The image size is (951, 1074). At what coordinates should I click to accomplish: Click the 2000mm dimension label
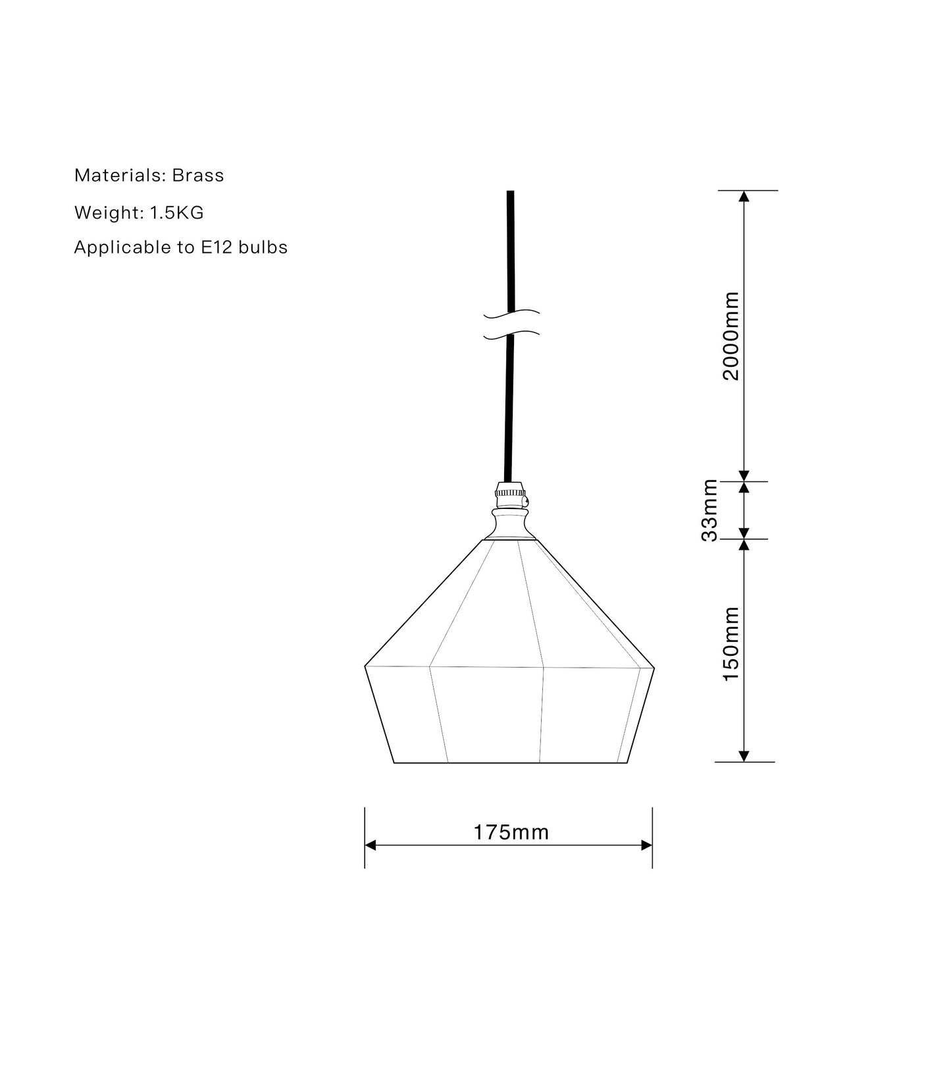coord(731,336)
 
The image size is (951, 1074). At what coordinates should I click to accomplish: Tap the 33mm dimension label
coord(709,510)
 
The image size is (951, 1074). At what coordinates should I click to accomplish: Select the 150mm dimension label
coord(731,644)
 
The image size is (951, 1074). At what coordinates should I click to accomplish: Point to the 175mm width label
coord(511,833)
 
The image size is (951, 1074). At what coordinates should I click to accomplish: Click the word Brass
coord(198,176)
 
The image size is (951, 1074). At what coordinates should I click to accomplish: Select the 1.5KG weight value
coord(176,213)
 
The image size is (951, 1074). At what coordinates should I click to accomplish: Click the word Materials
coord(119,176)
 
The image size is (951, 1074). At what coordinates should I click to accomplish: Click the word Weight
coord(109,213)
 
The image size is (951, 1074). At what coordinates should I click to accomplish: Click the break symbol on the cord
coord(511,325)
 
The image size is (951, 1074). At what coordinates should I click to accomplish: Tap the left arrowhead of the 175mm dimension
coord(371,846)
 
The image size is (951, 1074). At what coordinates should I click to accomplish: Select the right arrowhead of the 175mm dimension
coord(647,846)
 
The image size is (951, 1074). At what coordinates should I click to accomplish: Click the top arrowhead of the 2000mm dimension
coord(744,196)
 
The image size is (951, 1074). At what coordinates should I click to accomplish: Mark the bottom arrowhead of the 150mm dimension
coord(744,756)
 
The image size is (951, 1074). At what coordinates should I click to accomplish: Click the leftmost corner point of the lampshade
coord(365,666)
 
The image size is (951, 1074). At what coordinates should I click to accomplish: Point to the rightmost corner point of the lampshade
coord(654,668)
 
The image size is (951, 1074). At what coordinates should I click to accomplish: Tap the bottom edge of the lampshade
coord(511,763)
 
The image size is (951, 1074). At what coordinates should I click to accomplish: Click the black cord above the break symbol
coord(510,250)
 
